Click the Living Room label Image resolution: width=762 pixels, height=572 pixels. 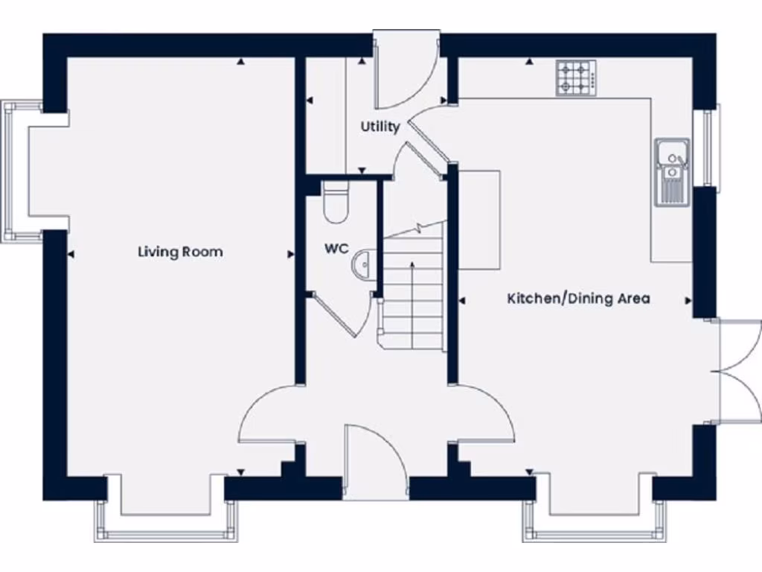coord(180,252)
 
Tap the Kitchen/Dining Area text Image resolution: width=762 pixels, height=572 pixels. coord(578,299)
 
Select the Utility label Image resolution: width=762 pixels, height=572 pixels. coord(380,127)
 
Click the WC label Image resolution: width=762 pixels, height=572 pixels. coord(336,249)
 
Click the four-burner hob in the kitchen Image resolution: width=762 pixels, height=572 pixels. coord(576,77)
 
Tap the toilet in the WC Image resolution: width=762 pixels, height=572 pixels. coord(336,201)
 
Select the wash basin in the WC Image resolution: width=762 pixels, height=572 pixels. coord(364,264)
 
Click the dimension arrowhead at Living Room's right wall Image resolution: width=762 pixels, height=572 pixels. coord(290,255)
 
